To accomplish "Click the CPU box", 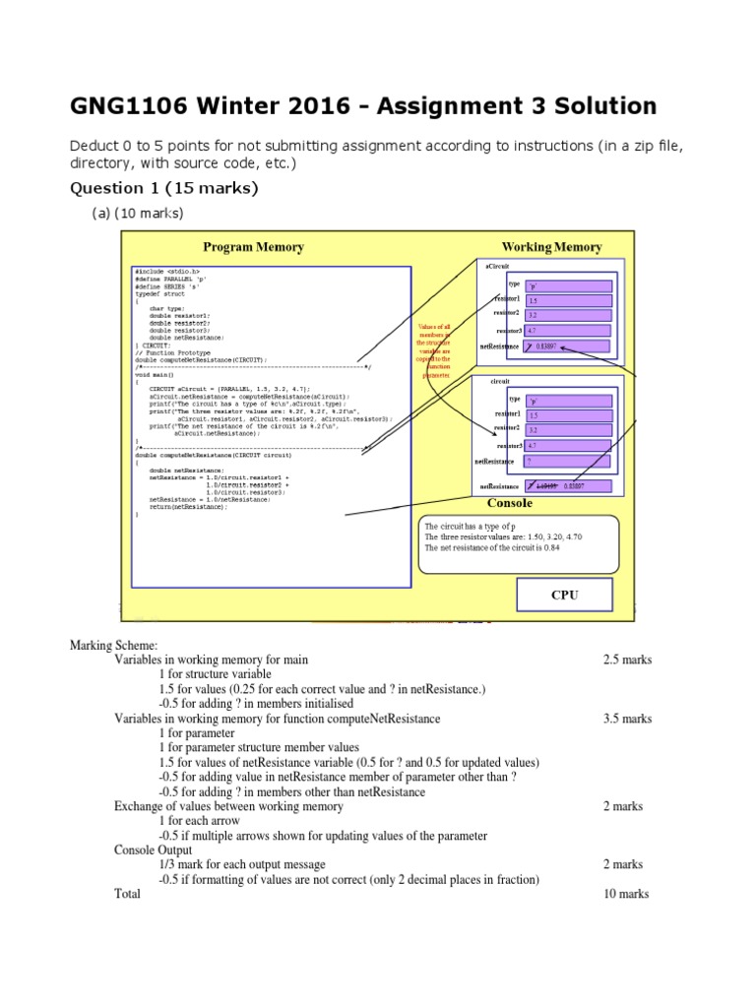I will point(564,596).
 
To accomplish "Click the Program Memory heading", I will point(253,247).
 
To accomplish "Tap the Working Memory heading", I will point(551,247).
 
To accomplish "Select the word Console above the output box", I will point(510,503).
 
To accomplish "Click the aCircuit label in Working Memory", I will point(499,266).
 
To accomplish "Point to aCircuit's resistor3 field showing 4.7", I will point(568,331).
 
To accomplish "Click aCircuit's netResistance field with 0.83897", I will point(568,346).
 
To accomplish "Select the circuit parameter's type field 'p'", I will point(568,401).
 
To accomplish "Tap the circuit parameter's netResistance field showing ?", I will point(568,461).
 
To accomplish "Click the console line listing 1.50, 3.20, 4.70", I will point(505,537).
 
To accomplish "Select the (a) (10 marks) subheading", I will point(138,214).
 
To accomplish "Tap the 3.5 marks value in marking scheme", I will point(627,719).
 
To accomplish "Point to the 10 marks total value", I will point(626,894).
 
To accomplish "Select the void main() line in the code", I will point(155,375).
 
